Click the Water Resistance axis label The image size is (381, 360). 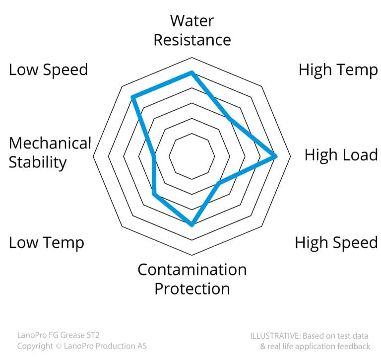[x=192, y=30]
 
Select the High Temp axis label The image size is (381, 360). [x=338, y=70]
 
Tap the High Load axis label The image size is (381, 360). [x=341, y=155]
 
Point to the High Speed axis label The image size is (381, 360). [x=336, y=243]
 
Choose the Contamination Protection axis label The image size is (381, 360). [x=192, y=279]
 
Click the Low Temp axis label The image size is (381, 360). [x=47, y=243]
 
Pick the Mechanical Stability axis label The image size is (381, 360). [x=50, y=153]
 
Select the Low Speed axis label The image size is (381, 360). [x=48, y=70]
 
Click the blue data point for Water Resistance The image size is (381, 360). [x=191, y=72]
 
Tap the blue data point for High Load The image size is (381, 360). [x=274, y=156]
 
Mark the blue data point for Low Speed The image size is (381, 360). [x=133, y=97]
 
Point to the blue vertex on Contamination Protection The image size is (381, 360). [x=192, y=224]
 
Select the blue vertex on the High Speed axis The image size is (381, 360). [x=219, y=183]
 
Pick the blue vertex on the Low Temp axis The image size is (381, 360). [x=154, y=194]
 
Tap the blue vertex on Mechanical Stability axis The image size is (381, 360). [x=153, y=156]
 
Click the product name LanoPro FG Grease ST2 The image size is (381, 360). [x=59, y=335]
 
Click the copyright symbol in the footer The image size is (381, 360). [x=59, y=346]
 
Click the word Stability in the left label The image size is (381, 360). [x=38, y=163]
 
